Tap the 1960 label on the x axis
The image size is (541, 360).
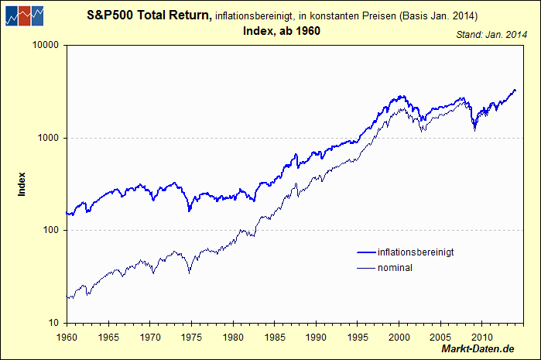click(x=67, y=337)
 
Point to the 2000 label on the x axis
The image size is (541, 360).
click(x=399, y=337)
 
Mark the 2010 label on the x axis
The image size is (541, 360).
click(x=481, y=337)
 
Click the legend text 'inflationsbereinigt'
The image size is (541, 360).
click(x=415, y=252)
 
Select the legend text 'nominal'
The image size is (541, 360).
click(x=395, y=268)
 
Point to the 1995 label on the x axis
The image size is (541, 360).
click(x=357, y=337)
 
